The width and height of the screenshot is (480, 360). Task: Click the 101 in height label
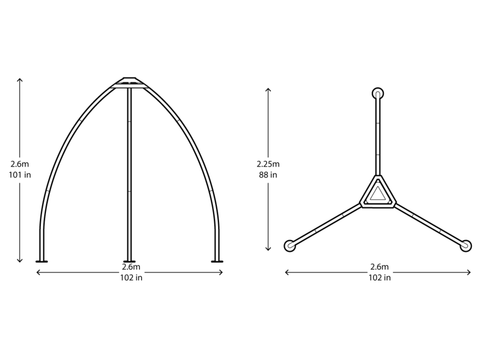click(20, 175)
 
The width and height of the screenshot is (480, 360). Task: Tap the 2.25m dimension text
click(268, 164)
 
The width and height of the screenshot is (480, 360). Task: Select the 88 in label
click(268, 175)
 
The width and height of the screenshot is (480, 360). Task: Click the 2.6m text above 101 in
click(20, 164)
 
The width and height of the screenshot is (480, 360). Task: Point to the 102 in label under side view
click(131, 277)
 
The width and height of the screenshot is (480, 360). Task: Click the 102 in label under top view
click(380, 277)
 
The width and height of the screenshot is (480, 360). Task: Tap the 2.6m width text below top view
click(380, 267)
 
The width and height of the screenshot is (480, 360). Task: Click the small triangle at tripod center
click(378, 194)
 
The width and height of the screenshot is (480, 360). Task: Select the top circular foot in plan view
click(378, 93)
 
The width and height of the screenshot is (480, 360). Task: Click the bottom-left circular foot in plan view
click(290, 245)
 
